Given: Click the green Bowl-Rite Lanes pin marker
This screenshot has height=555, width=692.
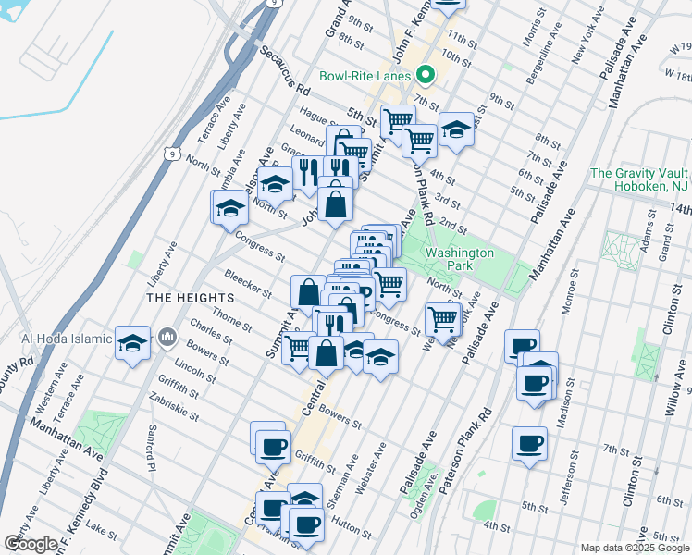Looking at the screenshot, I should pyautogui.click(x=426, y=76).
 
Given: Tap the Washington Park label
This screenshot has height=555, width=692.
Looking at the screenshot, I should pyautogui.click(x=460, y=259).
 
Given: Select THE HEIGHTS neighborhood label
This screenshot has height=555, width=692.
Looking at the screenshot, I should pyautogui.click(x=187, y=297).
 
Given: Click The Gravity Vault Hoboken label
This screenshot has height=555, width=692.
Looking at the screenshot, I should pyautogui.click(x=638, y=179).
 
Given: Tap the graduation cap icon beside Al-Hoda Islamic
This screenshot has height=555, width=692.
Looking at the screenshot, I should pyautogui.click(x=133, y=343).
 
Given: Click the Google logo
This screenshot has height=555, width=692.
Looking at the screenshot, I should pyautogui.click(x=31, y=544).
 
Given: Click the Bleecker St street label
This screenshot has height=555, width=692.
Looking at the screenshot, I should pyautogui.click(x=247, y=283).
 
